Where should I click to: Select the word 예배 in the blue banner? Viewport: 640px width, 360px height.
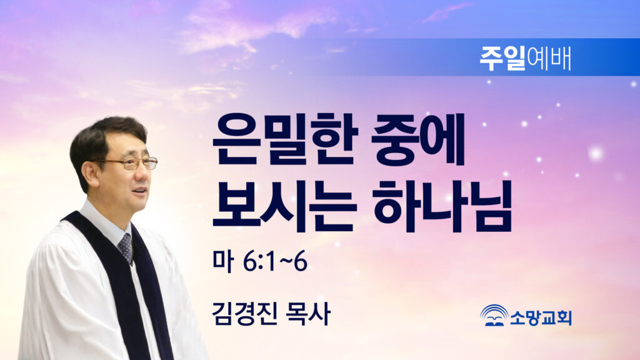tap(549, 59)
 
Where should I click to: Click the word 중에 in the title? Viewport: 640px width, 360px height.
tap(418, 140)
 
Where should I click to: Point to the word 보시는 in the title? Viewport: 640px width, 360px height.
tap(284, 206)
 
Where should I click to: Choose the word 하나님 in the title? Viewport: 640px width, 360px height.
tap(443, 206)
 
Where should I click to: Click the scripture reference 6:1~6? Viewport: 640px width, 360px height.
tap(275, 262)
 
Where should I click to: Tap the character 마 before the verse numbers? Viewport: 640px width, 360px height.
tap(222, 262)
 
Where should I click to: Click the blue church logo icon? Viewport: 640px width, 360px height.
tap(494, 315)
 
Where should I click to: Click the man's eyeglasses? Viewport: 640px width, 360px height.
tap(130, 163)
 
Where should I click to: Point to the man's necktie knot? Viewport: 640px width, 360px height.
tap(125, 242)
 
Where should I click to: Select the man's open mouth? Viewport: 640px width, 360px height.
tap(139, 191)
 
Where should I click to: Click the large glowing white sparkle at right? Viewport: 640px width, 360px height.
tap(596, 154)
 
